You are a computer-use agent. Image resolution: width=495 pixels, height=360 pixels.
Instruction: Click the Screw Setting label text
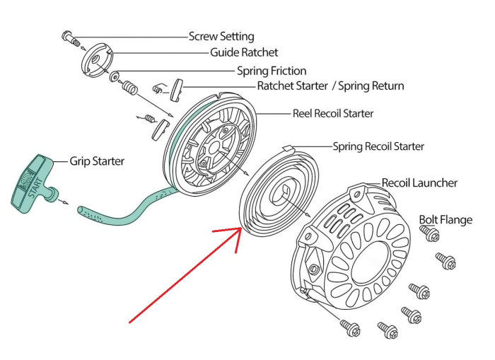pyautogui.click(x=221, y=36)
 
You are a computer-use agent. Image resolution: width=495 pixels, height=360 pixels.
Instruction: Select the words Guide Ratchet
pyautogui.click(x=244, y=52)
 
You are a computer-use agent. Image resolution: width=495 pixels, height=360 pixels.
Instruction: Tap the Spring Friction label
pyautogui.click(x=272, y=71)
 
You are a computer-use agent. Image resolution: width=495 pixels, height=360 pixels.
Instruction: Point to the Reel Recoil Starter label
pyautogui.click(x=333, y=113)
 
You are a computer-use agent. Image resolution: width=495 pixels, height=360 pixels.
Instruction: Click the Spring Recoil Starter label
pyautogui.click(x=378, y=146)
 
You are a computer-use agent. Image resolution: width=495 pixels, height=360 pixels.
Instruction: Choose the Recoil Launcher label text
pyautogui.click(x=419, y=182)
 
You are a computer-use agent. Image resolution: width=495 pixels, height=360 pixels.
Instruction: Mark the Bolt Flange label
pyautogui.click(x=445, y=220)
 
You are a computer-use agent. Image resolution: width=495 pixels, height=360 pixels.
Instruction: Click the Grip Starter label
pyautogui.click(x=97, y=161)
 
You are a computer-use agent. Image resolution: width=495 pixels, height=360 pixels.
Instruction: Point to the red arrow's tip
pyautogui.click(x=241, y=230)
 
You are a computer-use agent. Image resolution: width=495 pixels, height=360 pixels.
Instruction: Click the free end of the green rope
pyautogui.click(x=81, y=211)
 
